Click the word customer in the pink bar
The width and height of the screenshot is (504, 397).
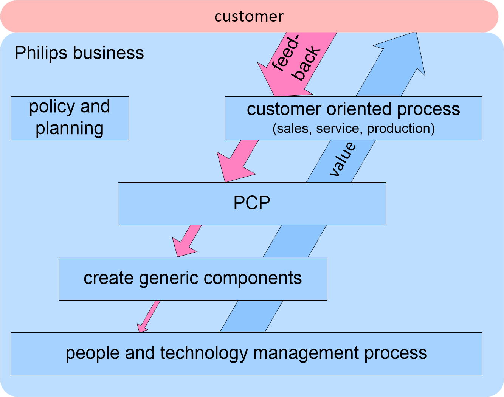point(249,16)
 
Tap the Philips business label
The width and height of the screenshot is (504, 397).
point(79,53)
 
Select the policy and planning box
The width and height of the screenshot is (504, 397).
point(70,118)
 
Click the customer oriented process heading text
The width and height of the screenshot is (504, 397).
point(353,109)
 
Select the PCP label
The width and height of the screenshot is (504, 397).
point(252,203)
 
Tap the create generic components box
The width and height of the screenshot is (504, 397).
point(193,279)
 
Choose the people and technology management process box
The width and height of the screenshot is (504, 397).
point(246,354)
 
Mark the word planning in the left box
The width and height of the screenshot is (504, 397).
point(70,129)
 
